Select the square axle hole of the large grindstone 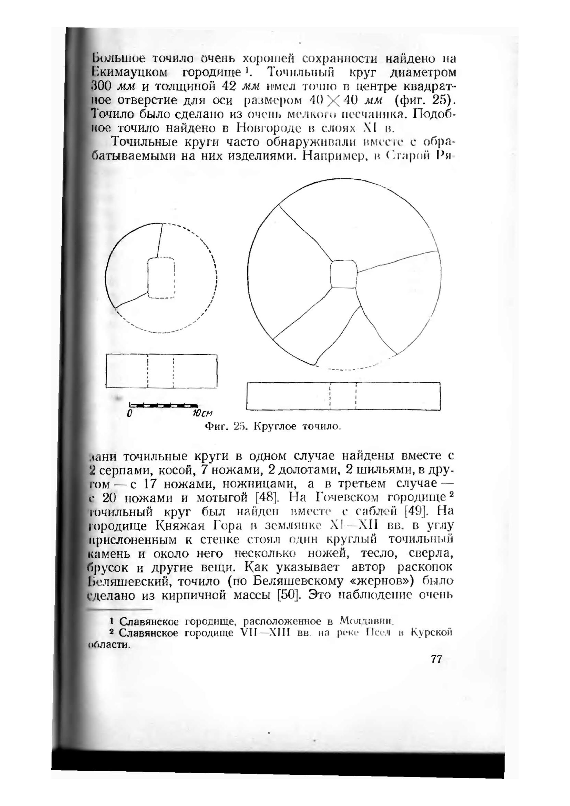(x=343, y=274)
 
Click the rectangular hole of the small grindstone (x=161, y=278)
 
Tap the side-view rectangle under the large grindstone (x=343, y=396)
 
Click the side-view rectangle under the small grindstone (x=161, y=371)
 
